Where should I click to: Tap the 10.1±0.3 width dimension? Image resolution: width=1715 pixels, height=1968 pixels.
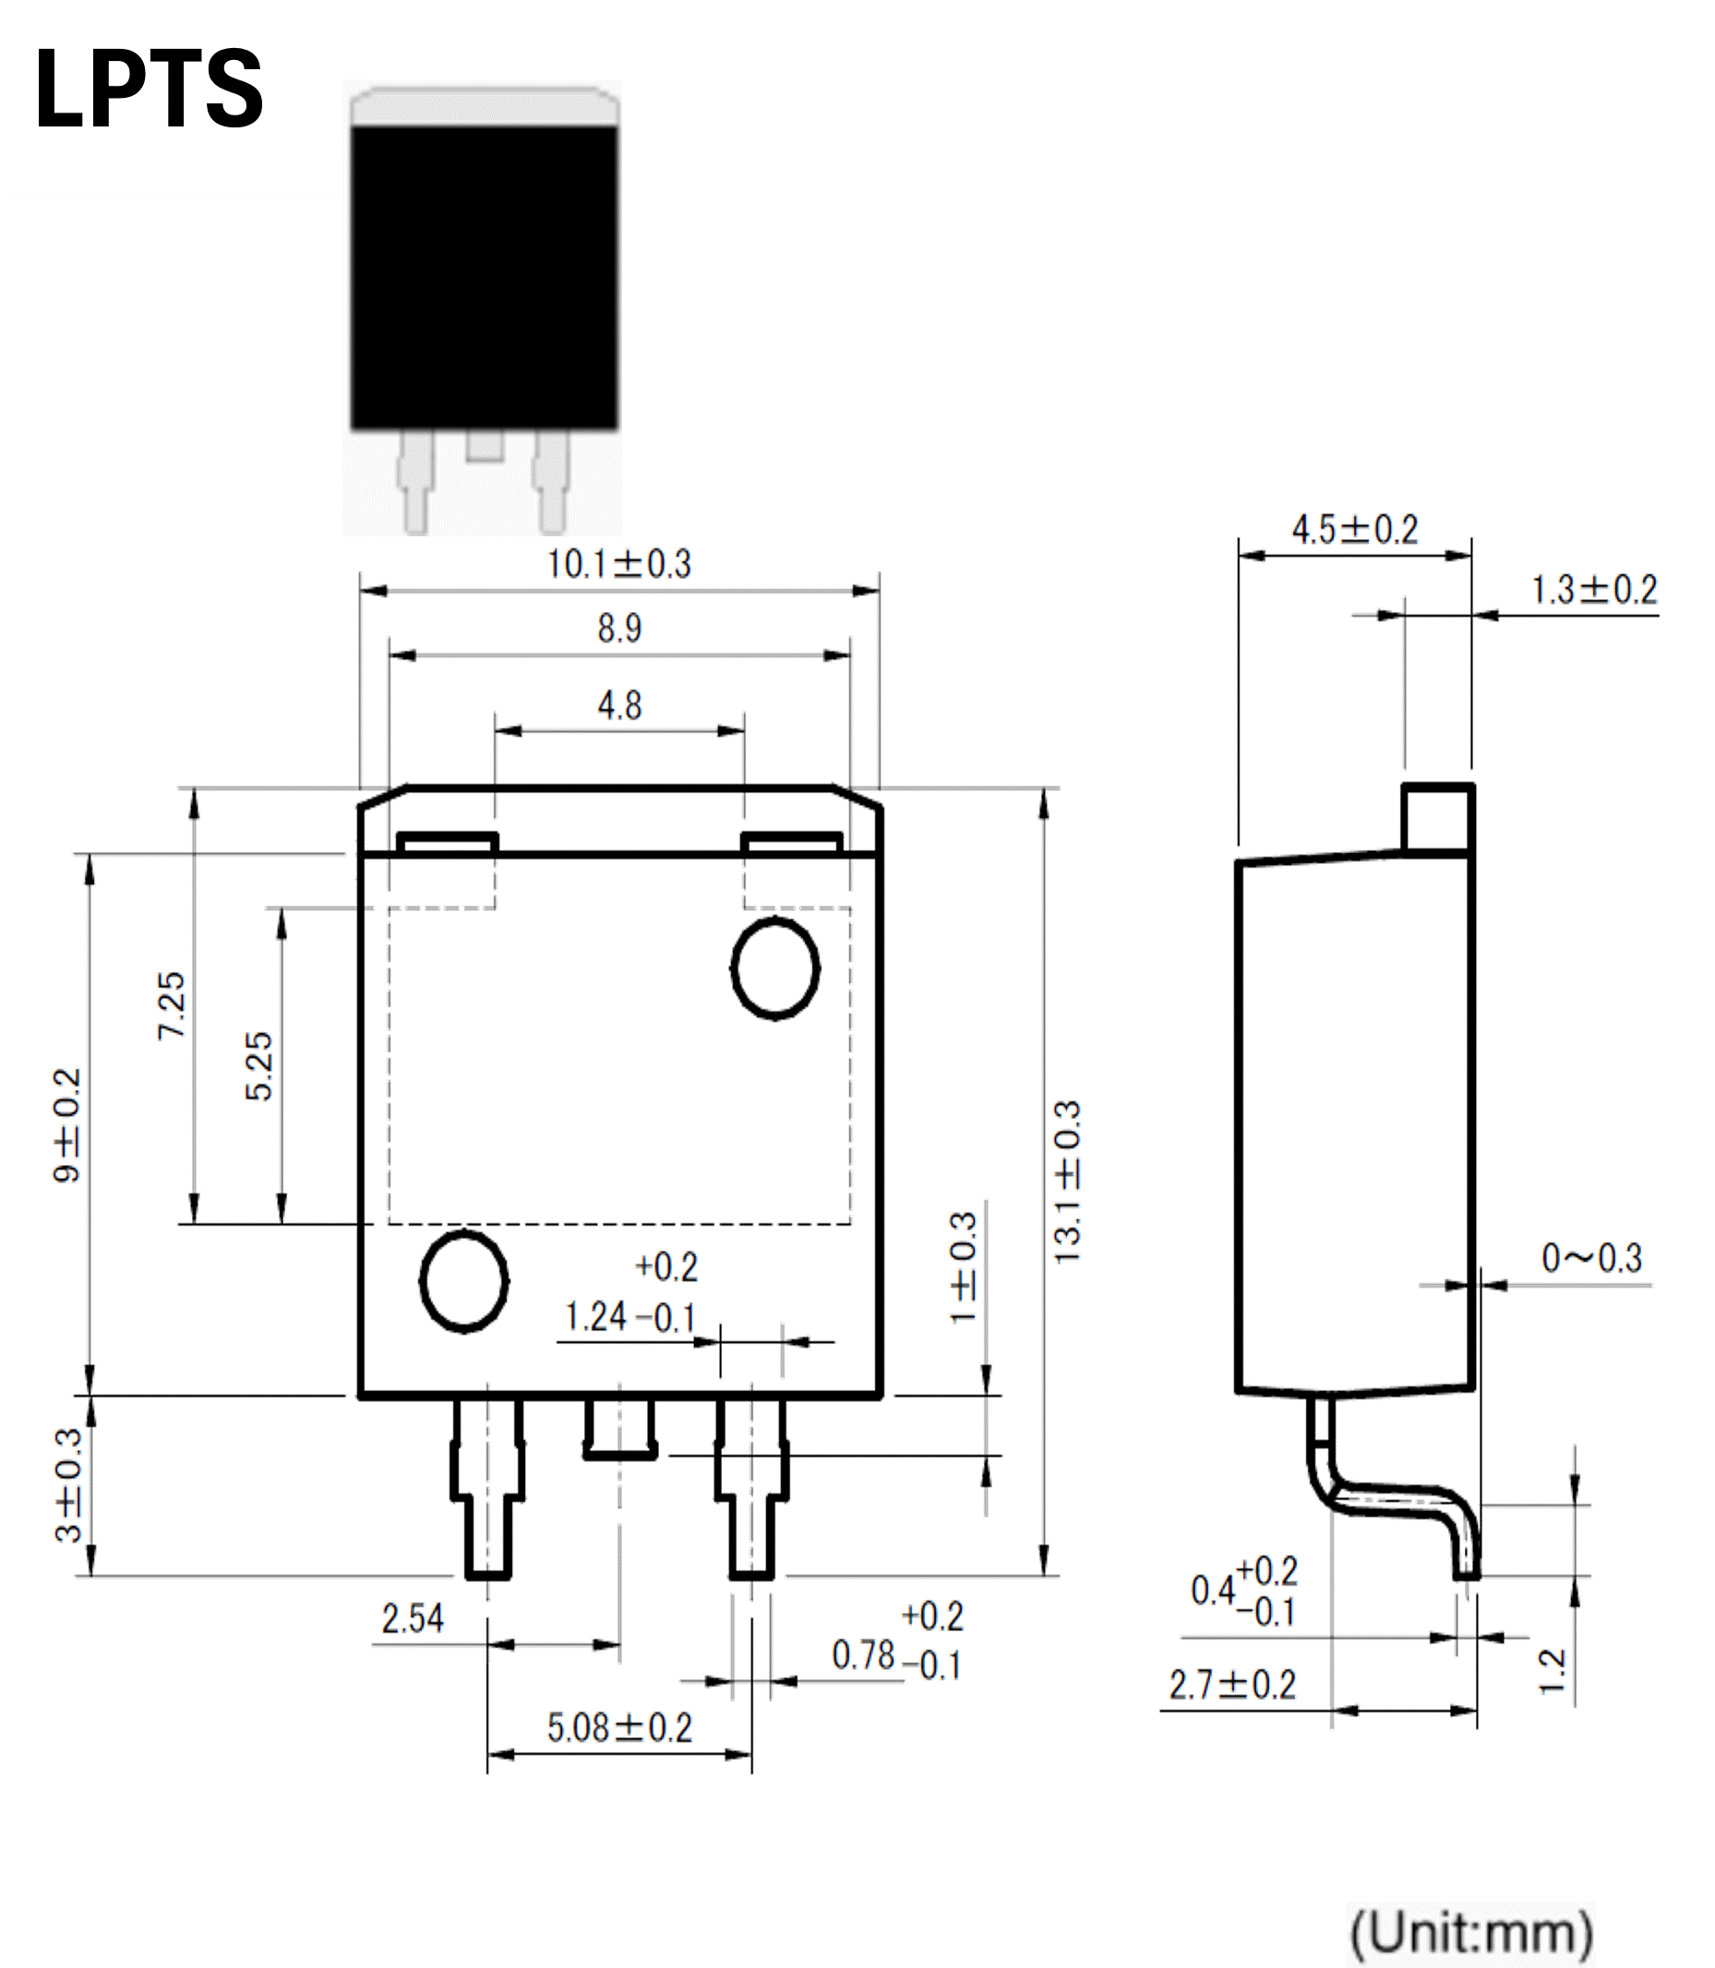click(618, 565)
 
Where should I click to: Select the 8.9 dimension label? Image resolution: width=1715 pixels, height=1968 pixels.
click(619, 629)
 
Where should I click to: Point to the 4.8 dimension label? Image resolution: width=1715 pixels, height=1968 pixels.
click(619, 705)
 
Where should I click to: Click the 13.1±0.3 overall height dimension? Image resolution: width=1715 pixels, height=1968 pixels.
click(1067, 1182)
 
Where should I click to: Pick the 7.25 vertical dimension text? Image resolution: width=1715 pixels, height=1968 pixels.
click(173, 1005)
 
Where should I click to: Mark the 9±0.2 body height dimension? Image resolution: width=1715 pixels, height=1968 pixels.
click(68, 1125)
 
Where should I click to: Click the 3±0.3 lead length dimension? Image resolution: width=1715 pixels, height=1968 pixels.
click(68, 1485)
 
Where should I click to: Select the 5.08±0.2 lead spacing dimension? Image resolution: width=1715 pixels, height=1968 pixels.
click(619, 1728)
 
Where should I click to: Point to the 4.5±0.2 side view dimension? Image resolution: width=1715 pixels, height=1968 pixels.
click(1354, 529)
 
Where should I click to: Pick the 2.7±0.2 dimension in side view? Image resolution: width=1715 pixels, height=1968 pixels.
click(1231, 1685)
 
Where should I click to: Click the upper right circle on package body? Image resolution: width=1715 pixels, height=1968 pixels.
click(775, 967)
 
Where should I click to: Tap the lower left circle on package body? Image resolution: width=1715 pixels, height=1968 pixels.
click(464, 1280)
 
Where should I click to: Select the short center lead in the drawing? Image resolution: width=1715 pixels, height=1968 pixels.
click(619, 1428)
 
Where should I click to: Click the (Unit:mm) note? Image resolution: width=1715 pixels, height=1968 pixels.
click(1471, 1933)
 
